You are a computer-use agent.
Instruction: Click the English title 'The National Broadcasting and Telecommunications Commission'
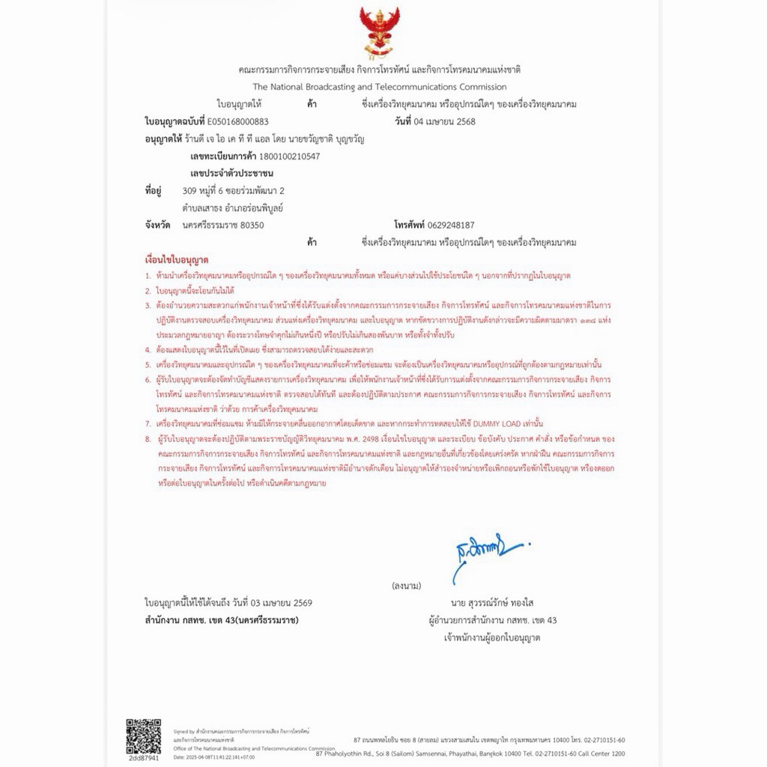coord(379,87)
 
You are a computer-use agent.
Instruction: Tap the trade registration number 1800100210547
coord(288,157)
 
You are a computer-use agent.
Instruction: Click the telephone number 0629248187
coord(451,225)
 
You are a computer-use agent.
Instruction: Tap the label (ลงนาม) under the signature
coord(406,585)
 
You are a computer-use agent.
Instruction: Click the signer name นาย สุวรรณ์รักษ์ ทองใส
coord(492,603)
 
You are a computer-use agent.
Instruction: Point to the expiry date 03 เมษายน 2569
coord(272,603)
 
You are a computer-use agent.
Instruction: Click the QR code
coord(143,736)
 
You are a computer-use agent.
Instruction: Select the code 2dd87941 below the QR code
coord(143,758)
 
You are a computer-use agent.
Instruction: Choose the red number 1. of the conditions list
coord(148,276)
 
